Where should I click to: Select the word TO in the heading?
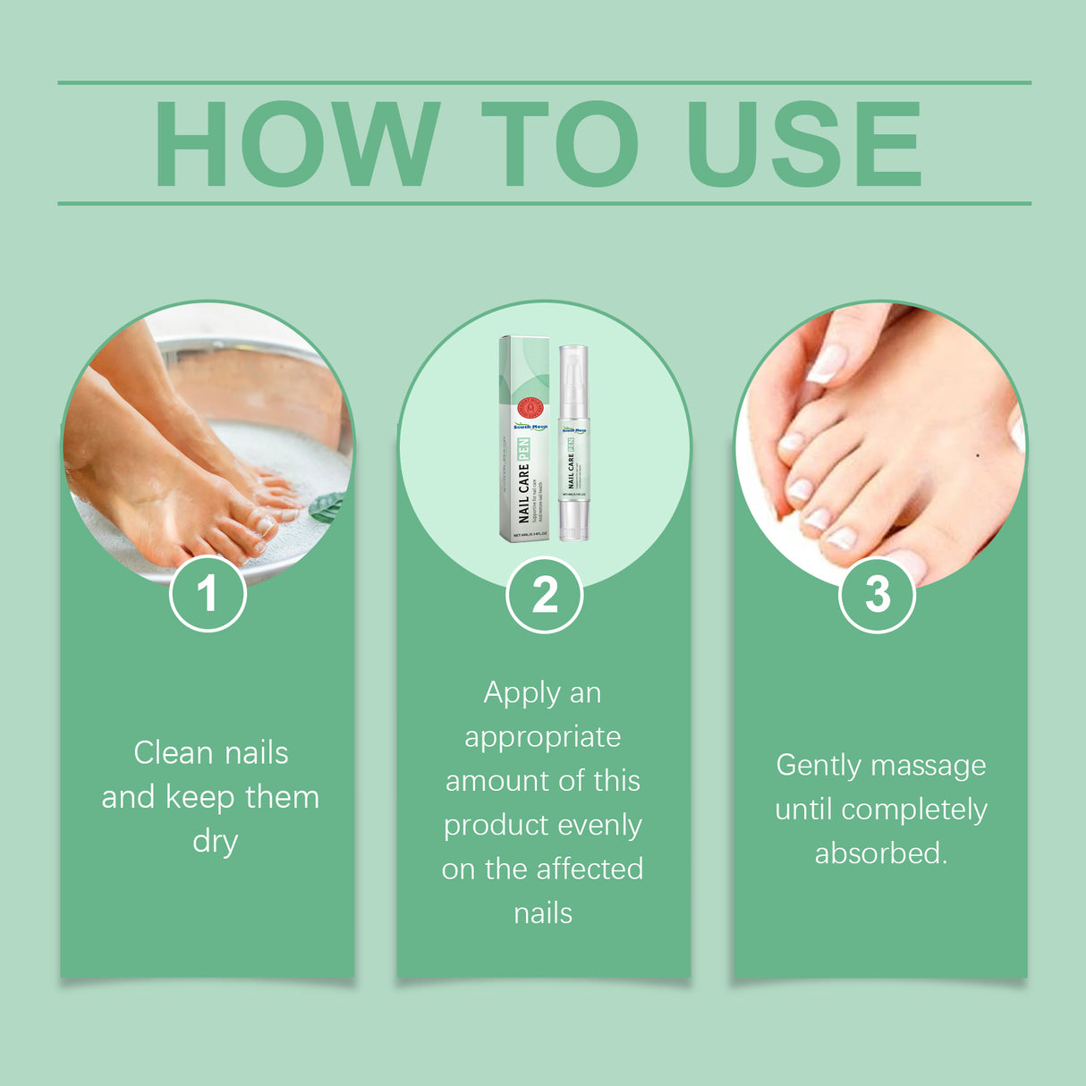tap(560, 144)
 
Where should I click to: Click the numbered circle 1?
tap(208, 593)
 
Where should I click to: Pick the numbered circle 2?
tap(544, 595)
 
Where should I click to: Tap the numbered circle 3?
tap(878, 594)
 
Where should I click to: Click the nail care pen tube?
tap(573, 456)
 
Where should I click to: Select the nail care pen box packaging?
tap(524, 438)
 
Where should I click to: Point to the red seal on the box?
tap(530, 408)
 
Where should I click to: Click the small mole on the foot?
tap(977, 455)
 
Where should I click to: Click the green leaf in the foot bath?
tap(327, 507)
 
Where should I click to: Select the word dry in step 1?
tap(215, 842)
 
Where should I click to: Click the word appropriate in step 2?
tap(542, 737)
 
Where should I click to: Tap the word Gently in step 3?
tap(819, 766)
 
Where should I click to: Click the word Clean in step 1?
tap(174, 753)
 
